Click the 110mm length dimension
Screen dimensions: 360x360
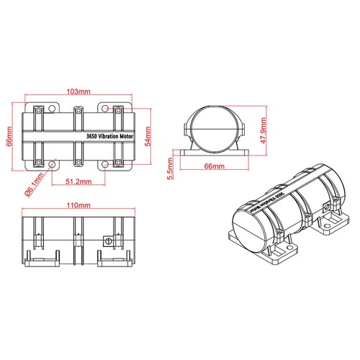click(x=76, y=206)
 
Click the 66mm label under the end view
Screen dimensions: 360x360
click(x=215, y=166)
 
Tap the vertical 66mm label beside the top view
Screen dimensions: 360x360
click(x=9, y=136)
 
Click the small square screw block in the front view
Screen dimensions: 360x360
click(x=109, y=242)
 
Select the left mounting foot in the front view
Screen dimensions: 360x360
click(x=35, y=256)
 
